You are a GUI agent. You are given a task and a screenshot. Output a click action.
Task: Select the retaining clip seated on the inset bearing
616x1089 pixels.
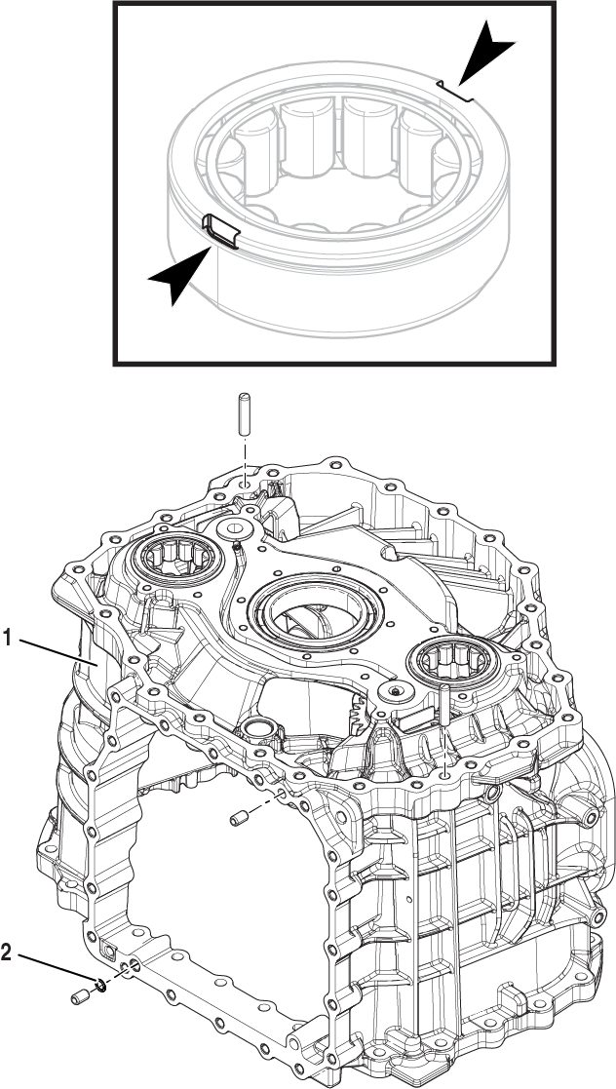point(221,232)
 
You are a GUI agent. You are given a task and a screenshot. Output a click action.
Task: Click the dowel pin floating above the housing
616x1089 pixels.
point(244,417)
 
